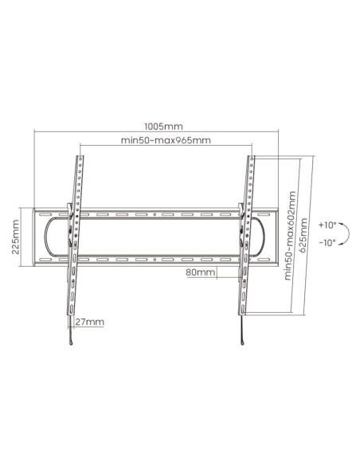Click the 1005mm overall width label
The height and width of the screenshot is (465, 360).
163,127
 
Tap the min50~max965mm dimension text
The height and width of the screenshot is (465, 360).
166,140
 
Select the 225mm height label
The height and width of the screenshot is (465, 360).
15,236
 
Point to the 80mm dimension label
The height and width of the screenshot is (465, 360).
201,272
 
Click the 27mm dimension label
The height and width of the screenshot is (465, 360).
89,322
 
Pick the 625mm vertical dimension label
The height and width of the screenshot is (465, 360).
303,235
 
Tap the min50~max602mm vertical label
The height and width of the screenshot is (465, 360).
291,236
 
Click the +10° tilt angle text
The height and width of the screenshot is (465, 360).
327,225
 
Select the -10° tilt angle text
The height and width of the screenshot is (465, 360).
327,243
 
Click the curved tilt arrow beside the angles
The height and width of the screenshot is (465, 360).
349,233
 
